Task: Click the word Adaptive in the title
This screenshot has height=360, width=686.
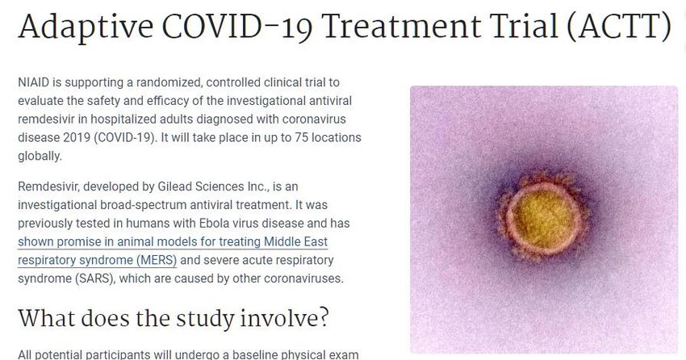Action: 86,27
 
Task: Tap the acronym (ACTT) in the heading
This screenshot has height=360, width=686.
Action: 619,27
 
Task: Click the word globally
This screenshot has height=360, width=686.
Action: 40,156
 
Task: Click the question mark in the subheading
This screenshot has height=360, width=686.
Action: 323,318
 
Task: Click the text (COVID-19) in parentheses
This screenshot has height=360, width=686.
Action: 124,137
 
